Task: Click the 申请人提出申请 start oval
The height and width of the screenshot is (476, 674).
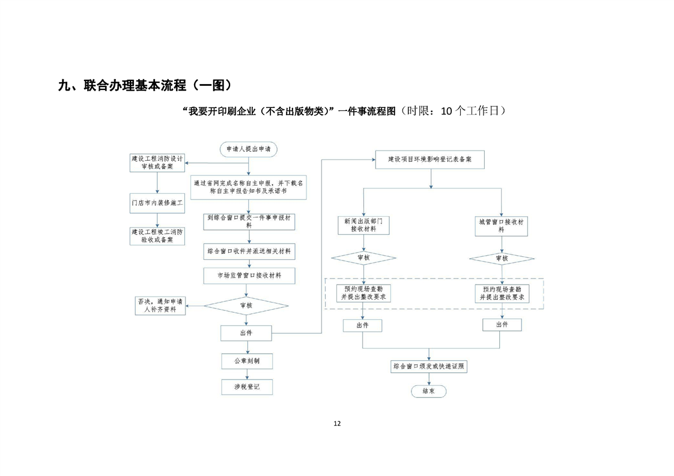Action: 248,149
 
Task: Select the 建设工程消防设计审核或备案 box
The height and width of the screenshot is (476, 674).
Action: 157,163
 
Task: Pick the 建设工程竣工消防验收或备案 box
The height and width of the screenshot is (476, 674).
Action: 157,235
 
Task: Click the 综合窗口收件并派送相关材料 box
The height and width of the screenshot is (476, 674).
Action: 248,252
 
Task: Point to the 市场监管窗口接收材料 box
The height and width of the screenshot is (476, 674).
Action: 248,276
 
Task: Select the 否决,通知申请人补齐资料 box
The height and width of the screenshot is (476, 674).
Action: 160,306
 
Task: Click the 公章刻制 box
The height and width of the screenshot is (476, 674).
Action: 246,361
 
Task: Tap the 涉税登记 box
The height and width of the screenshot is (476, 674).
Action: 246,387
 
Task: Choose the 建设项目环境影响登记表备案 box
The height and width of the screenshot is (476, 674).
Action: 429,160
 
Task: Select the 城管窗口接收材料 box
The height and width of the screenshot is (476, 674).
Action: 501,225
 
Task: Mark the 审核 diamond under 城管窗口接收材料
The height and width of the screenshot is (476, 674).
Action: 501,258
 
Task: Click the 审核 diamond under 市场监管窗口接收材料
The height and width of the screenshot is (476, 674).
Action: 246,305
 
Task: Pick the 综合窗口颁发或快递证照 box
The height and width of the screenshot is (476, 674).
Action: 428,366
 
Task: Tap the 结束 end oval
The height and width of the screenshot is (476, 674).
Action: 428,391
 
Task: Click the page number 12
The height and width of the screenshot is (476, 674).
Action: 337,423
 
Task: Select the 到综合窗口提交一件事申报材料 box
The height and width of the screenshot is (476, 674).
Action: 248,221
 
